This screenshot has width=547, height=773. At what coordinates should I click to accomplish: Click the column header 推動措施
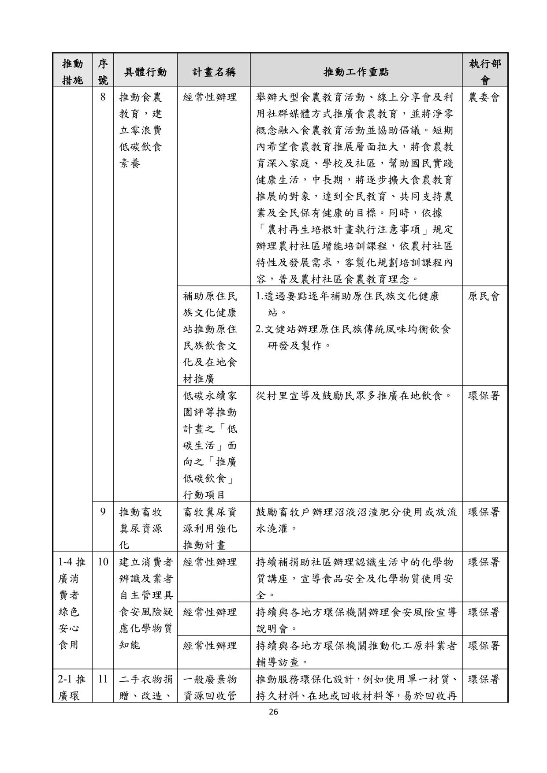(72, 72)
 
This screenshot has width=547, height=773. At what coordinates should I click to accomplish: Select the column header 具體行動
(145, 72)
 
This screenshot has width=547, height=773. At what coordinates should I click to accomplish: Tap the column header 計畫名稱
(214, 72)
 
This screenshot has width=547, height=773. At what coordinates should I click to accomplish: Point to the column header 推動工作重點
(356, 72)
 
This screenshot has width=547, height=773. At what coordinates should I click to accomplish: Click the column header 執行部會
(485, 72)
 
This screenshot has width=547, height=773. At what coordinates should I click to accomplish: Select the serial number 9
(103, 512)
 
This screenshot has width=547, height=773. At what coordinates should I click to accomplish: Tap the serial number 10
(103, 562)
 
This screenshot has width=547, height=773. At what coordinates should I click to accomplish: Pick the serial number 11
(103, 679)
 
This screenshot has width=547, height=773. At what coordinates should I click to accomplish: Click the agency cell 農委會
(484, 97)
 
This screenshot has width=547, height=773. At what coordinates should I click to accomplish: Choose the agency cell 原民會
(484, 297)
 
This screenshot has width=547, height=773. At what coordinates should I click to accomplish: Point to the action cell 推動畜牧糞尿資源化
(141, 528)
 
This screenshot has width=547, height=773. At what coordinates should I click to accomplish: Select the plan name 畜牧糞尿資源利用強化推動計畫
(210, 528)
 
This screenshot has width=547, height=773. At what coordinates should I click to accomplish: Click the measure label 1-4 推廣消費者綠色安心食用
(72, 603)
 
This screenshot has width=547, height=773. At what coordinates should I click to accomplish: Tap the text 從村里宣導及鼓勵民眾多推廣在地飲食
(355, 396)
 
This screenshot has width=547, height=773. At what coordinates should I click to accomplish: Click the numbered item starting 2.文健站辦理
(353, 338)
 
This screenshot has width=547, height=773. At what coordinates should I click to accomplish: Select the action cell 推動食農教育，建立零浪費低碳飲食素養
(141, 130)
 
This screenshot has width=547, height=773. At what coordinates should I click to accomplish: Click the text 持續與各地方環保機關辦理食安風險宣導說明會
(356, 620)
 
